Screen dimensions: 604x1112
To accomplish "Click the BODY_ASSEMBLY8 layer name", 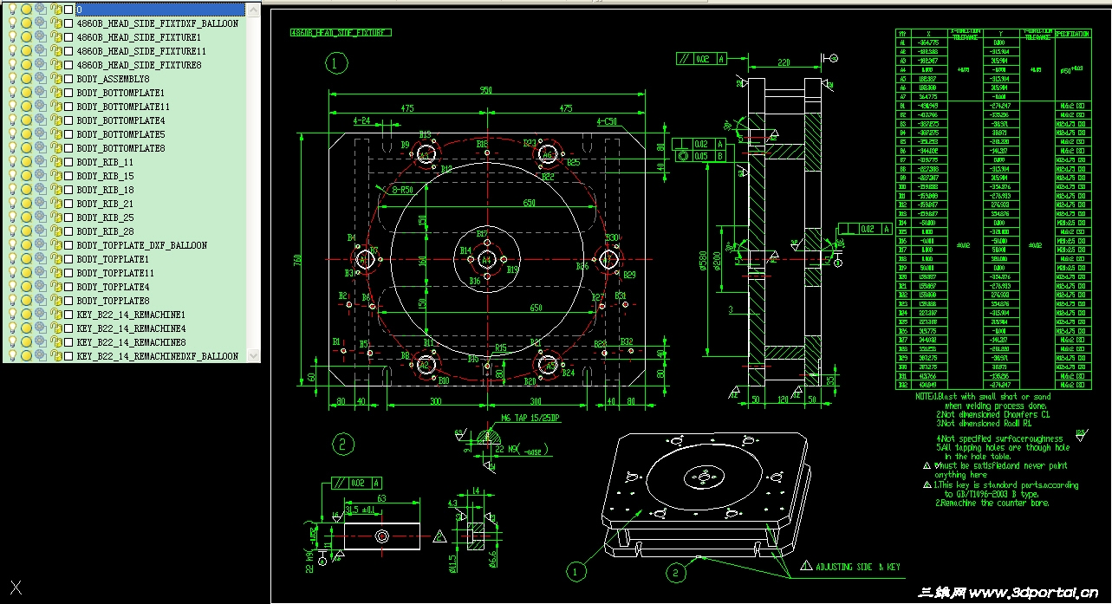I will click(x=113, y=79).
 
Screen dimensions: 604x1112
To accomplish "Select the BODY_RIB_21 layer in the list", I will click(x=105, y=204).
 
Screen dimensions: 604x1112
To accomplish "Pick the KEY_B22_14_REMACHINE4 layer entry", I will click(x=131, y=328).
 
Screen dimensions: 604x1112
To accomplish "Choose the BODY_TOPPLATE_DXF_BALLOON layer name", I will click(x=141, y=245).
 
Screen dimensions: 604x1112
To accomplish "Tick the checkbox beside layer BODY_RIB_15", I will click(x=68, y=176).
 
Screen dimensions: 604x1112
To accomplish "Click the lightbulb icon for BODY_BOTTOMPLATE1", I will click(x=12, y=93).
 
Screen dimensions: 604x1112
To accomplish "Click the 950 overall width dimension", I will click(x=485, y=89).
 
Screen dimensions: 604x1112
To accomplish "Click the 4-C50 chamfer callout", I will click(x=607, y=122).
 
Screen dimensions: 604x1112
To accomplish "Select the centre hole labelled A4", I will click(x=486, y=260).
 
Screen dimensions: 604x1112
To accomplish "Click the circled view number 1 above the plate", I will click(x=336, y=63).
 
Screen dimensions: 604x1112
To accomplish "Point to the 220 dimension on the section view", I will click(x=784, y=62).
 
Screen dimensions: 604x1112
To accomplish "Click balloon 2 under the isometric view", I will click(x=676, y=572).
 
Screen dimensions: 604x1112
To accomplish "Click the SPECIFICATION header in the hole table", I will click(x=1071, y=34).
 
